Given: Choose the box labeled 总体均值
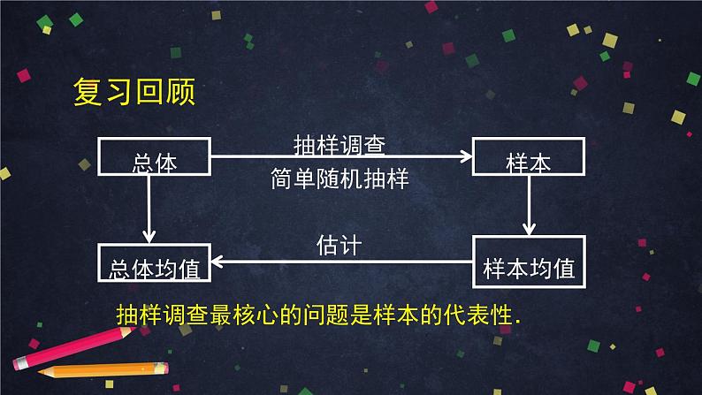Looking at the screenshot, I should coord(154,264).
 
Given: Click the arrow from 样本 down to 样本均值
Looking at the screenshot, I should coord(529,205).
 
